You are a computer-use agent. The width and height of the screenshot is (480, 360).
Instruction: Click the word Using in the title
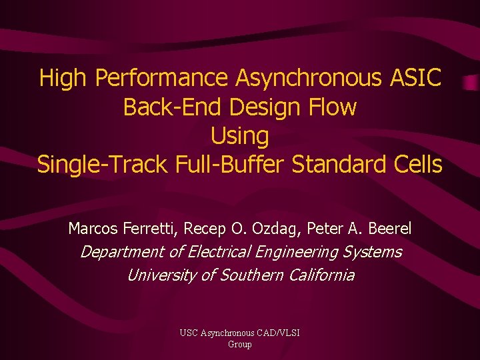click(x=239, y=135)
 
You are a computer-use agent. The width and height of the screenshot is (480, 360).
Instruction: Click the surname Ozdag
click(x=277, y=229)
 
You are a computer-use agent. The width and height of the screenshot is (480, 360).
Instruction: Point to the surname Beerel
click(x=389, y=229)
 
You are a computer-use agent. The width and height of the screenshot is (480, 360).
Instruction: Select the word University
click(x=161, y=275)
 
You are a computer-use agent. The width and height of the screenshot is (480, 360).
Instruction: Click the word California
click(x=319, y=275)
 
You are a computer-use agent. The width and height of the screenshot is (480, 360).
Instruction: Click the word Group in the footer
click(x=240, y=344)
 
